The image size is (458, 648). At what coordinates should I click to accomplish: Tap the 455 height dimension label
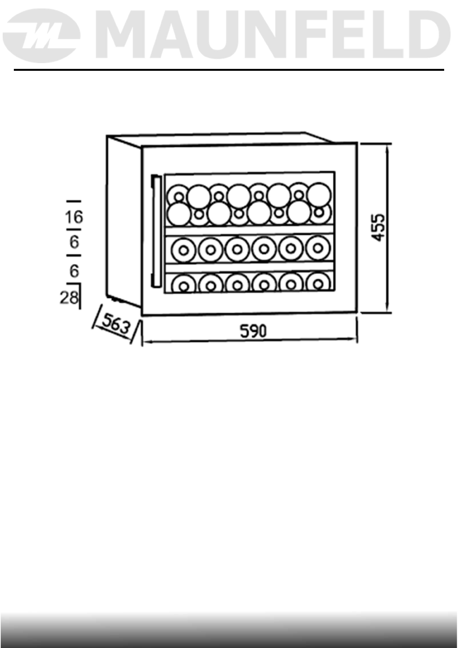[x=379, y=227]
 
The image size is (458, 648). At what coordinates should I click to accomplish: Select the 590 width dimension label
[x=253, y=331]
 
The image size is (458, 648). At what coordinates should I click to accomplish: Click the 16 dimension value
[x=73, y=217]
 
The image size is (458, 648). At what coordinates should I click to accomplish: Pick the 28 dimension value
[x=69, y=297]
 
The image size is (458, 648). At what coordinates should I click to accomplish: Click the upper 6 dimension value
[x=74, y=242]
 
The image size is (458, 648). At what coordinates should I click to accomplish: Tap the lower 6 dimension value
[x=74, y=271]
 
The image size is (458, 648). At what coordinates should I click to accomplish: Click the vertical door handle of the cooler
[x=155, y=231]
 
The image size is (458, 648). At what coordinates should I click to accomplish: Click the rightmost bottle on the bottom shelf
[x=318, y=284]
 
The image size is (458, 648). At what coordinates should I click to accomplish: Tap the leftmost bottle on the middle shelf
[x=183, y=250]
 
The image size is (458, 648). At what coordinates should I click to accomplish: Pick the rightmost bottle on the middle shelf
[x=318, y=248]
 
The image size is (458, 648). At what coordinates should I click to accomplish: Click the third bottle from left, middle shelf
[x=237, y=249]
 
